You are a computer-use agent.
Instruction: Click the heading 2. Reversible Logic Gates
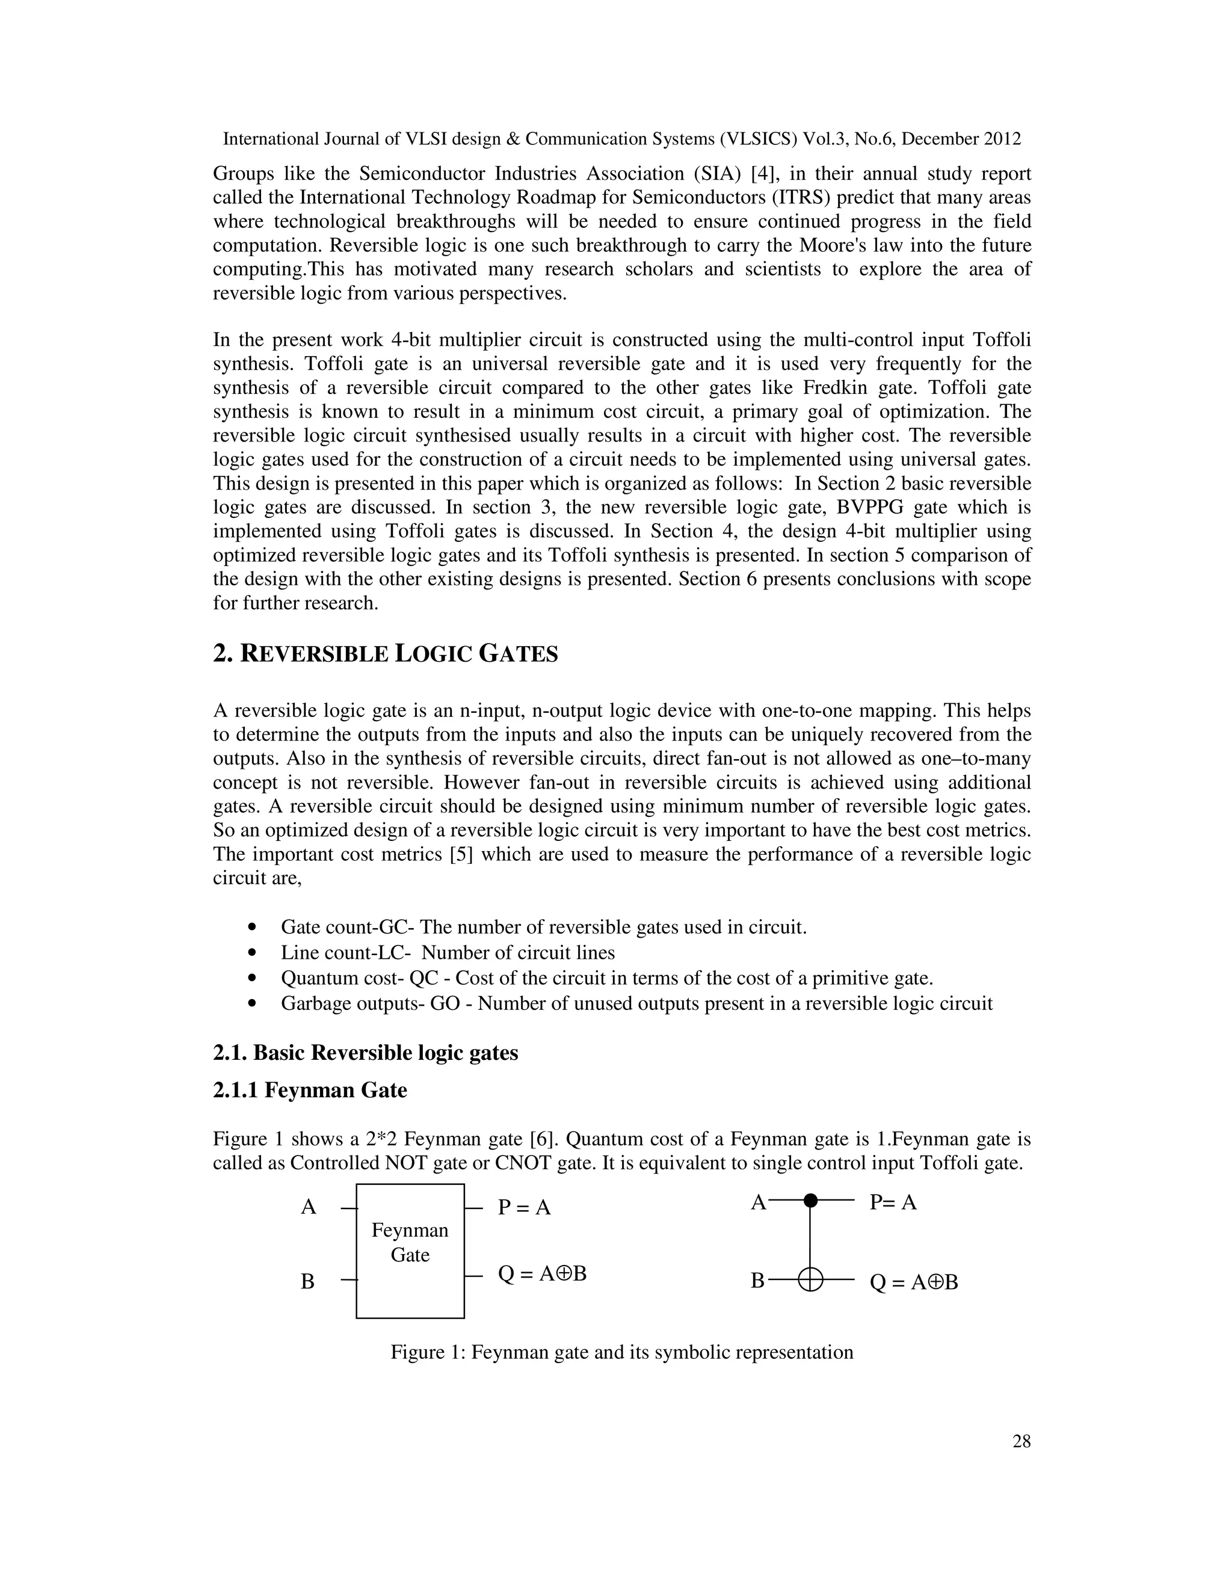pyautogui.click(x=386, y=653)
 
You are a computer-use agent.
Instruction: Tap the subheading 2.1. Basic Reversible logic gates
pyautogui.click(x=365, y=1053)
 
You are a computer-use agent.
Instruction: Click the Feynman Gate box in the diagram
pyautogui.click(x=410, y=1251)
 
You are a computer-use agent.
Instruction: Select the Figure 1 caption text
pyautogui.click(x=622, y=1352)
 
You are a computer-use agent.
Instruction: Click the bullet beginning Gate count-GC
pyautogui.click(x=544, y=927)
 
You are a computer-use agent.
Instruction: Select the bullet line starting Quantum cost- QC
pyautogui.click(x=606, y=978)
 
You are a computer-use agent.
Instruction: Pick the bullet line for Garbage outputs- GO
pyautogui.click(x=636, y=1003)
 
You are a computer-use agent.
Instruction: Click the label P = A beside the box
pyautogui.click(x=524, y=1207)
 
